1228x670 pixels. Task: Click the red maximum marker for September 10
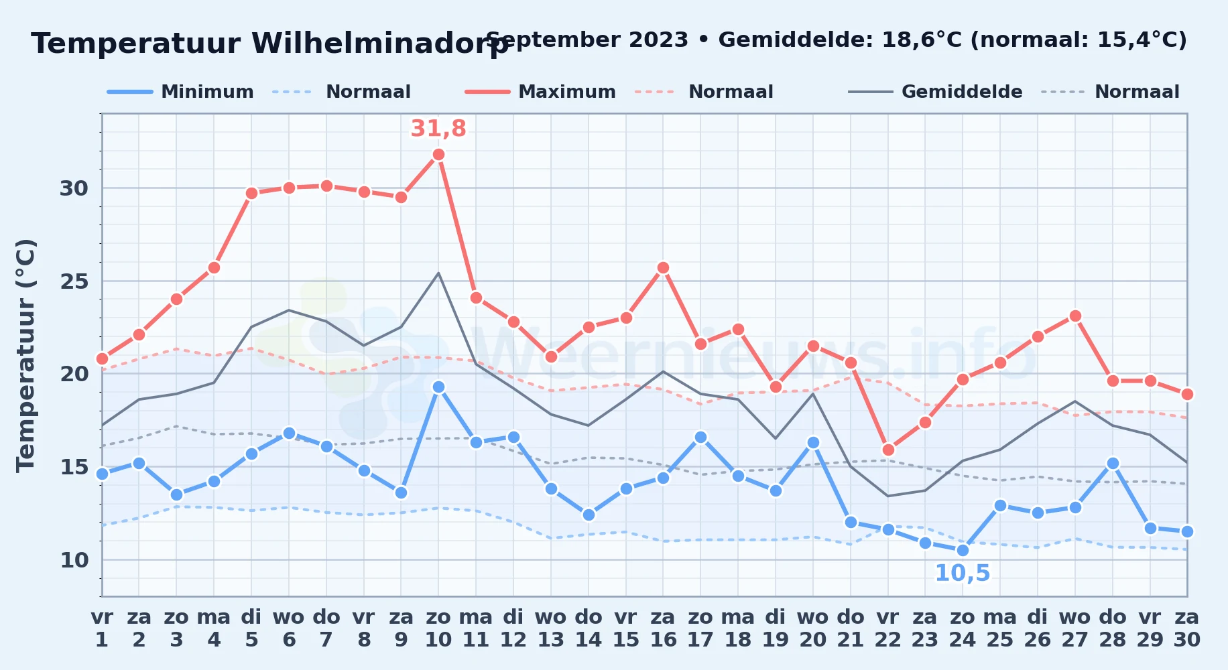pyautogui.click(x=438, y=155)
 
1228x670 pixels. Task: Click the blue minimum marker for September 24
pyautogui.click(x=963, y=550)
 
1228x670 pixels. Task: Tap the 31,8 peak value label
pyautogui.click(x=438, y=128)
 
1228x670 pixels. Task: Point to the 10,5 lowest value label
pyautogui.click(x=963, y=574)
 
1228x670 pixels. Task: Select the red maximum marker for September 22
pyautogui.click(x=888, y=450)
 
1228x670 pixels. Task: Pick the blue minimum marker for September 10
pyautogui.click(x=438, y=387)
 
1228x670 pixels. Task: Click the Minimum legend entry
pyautogui.click(x=180, y=92)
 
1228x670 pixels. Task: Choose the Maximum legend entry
pyautogui.click(x=540, y=92)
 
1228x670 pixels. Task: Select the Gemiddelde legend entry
pyautogui.click(x=935, y=92)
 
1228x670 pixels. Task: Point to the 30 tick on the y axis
pyautogui.click(x=74, y=188)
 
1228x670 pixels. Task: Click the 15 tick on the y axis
pyautogui.click(x=74, y=466)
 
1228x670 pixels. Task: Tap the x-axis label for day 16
pyautogui.click(x=663, y=628)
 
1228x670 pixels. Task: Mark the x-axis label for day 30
pyautogui.click(x=1187, y=628)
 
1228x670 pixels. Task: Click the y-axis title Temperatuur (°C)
pyautogui.click(x=25, y=355)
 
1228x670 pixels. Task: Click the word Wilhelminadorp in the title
pyautogui.click(x=380, y=44)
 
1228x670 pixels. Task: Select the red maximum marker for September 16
pyautogui.click(x=663, y=268)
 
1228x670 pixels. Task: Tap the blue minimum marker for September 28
pyautogui.click(x=1113, y=463)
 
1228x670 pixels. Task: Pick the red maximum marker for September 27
pyautogui.click(x=1075, y=316)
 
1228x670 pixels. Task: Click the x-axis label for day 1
pyautogui.click(x=102, y=628)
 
